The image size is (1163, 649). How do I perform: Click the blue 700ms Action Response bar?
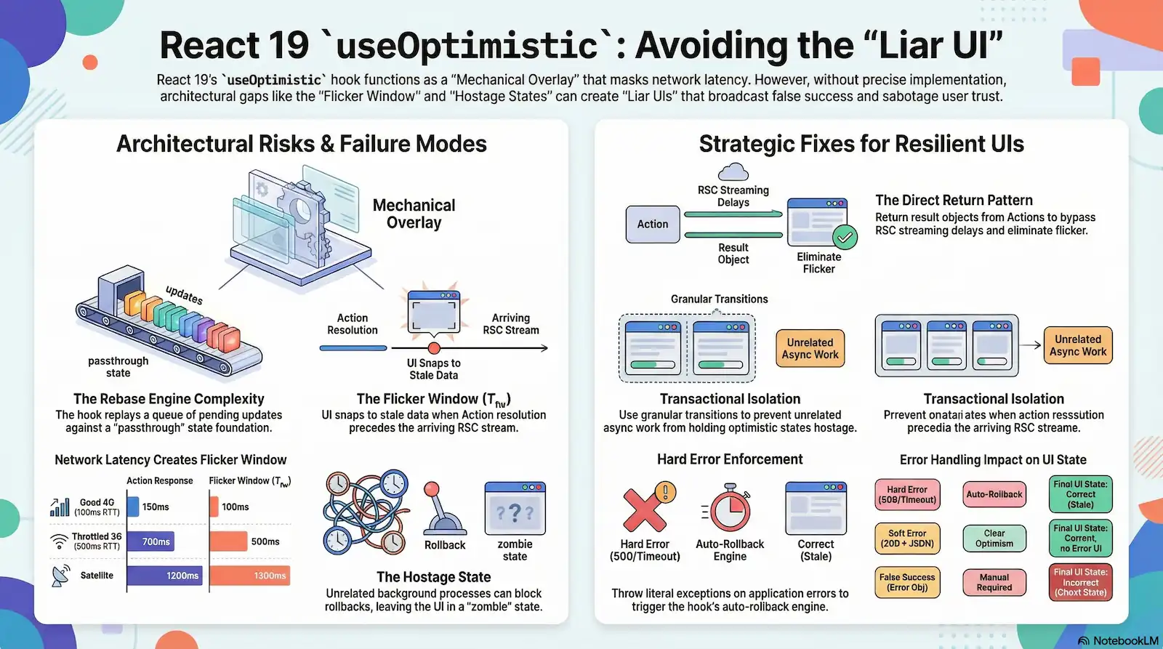coord(150,541)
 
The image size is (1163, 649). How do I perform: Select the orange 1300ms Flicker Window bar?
coord(250,576)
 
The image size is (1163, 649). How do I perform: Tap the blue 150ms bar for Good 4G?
coord(133,507)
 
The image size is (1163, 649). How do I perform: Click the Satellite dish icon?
coord(61,575)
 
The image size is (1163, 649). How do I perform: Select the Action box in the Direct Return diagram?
coord(653,224)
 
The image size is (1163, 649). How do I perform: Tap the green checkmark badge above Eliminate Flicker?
coord(845,237)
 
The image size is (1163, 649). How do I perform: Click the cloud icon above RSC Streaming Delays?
coord(733,172)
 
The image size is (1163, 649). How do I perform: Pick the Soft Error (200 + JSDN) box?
coord(907,539)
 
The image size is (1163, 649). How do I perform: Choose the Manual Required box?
coord(994,582)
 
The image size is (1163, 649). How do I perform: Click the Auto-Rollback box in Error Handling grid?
coord(994,494)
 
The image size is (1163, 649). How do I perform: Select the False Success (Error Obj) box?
coord(907,582)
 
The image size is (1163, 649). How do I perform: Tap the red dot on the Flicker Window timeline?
coord(434,348)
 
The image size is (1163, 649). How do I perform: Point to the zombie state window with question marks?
coord(515,509)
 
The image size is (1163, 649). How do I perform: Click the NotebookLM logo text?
coord(1124,641)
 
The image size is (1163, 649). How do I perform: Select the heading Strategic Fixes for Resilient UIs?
coord(861,144)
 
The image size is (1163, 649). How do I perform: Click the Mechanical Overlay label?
coord(414,214)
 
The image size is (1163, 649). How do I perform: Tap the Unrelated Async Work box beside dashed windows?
coord(810,349)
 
